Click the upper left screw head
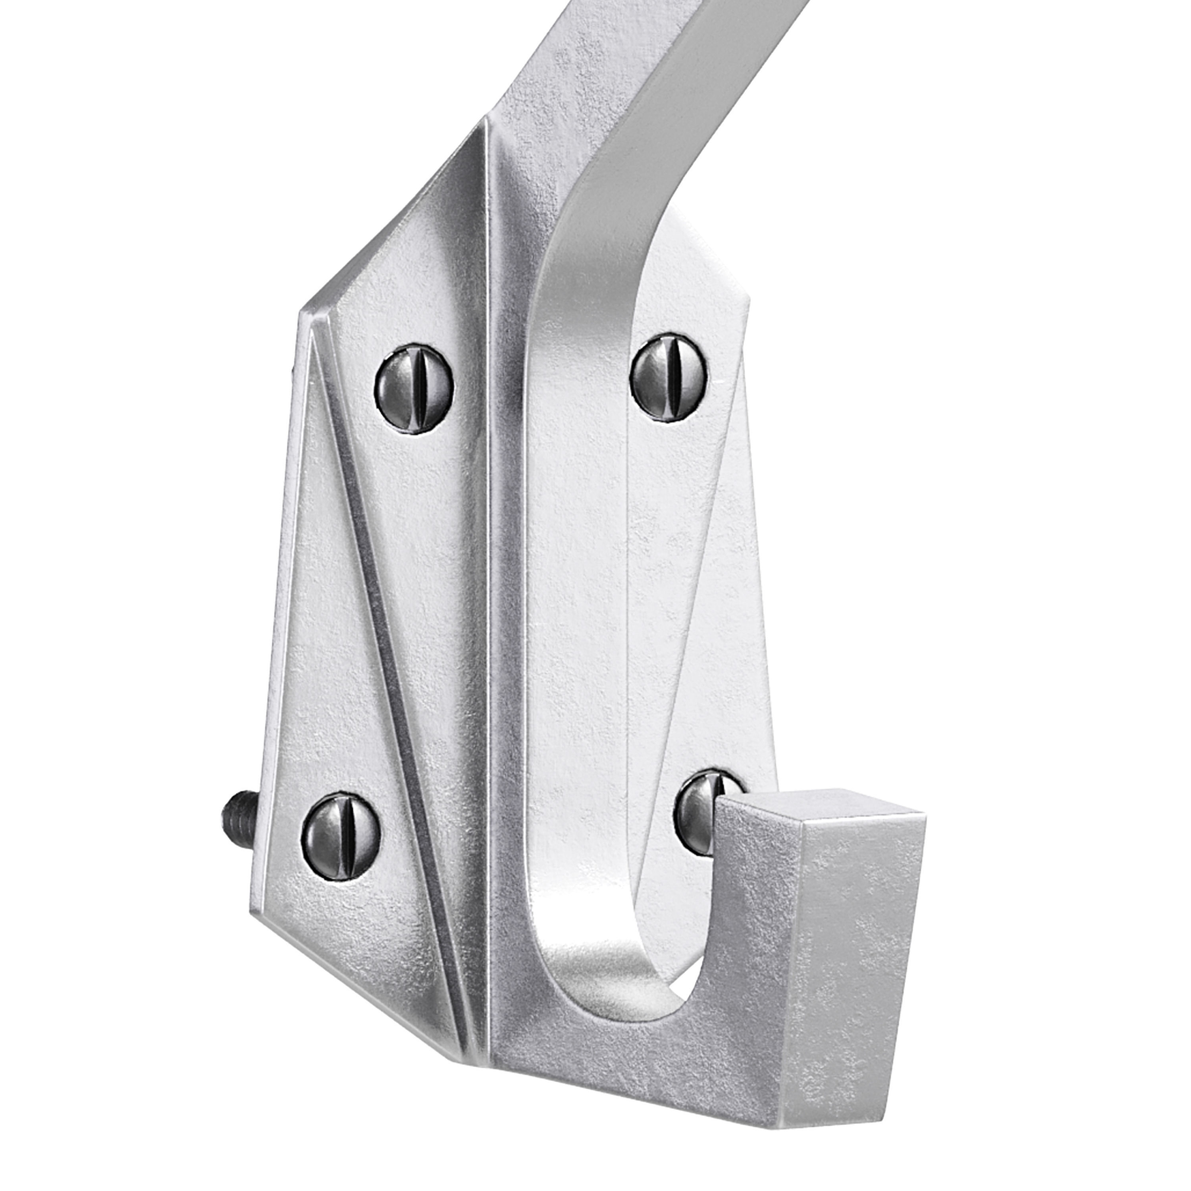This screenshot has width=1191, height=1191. (x=414, y=389)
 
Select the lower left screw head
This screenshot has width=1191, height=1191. (x=341, y=828)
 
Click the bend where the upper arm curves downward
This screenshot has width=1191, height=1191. (x=586, y=203)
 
